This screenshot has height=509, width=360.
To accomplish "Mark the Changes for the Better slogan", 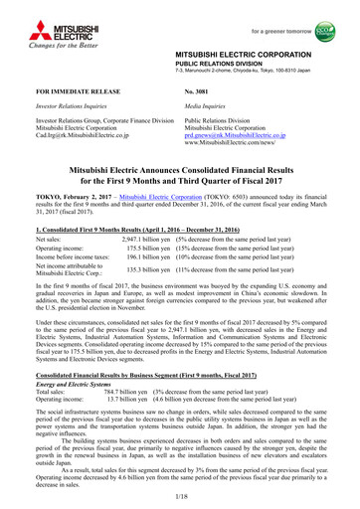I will point(42,42).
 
